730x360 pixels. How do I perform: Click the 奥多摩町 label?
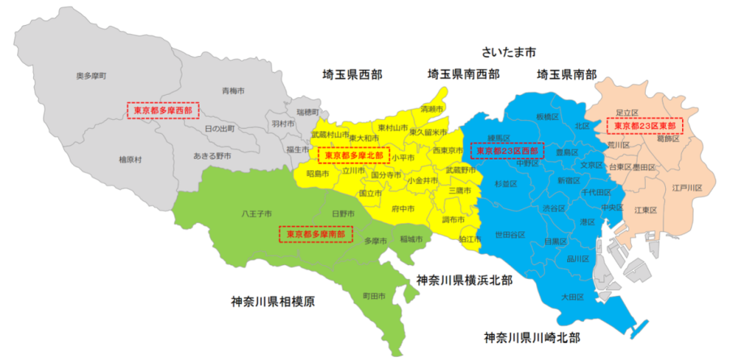tap(92, 75)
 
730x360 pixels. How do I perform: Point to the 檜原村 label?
tap(130, 159)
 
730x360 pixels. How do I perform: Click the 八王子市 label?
tap(255, 215)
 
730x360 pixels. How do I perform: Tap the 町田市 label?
tap(373, 297)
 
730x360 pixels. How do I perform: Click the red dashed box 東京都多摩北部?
tap(353, 154)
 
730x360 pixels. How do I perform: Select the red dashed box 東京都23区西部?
tap(505, 151)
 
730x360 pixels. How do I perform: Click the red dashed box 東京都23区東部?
tap(645, 126)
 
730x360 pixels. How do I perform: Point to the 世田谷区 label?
tap(510, 234)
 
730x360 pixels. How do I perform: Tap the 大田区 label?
tap(572, 298)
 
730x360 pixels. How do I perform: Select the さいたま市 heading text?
tap(509, 51)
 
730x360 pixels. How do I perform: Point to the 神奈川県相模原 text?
tap(273, 302)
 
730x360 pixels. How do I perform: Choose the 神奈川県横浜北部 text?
tap(465, 280)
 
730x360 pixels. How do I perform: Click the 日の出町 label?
tap(219, 129)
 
